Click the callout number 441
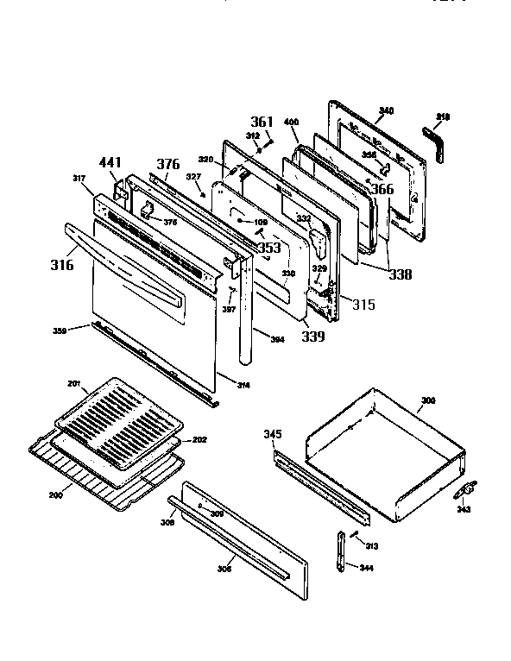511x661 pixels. point(110,162)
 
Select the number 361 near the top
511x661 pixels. point(262,122)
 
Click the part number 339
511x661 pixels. point(312,336)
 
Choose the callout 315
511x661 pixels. point(363,305)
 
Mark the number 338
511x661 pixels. point(400,275)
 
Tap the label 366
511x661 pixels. point(382,190)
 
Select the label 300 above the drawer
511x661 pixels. point(427,401)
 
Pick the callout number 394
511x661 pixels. point(276,339)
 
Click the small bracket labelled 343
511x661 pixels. point(467,491)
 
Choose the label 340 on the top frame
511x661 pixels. point(386,110)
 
